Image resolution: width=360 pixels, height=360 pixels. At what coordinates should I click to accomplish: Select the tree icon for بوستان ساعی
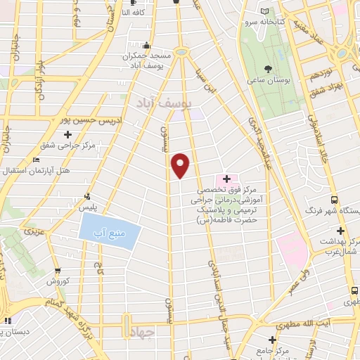click(x=268, y=69)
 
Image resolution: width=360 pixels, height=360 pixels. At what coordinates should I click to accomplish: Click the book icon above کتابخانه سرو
click(x=264, y=11)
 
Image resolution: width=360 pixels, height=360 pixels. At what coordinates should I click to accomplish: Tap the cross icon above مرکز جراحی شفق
click(x=68, y=134)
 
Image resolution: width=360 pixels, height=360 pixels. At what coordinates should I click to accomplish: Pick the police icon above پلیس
click(x=87, y=196)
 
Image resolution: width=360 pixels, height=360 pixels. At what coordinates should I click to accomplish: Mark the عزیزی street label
click(x=35, y=230)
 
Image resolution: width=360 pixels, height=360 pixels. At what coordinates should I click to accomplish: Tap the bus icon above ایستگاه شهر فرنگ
click(x=335, y=200)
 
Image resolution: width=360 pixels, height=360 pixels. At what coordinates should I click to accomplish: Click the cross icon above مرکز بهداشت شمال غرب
click(x=340, y=231)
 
